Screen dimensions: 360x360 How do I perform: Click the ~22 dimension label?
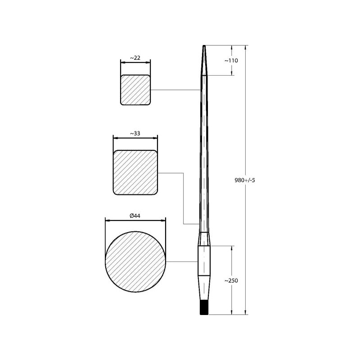click(135, 58)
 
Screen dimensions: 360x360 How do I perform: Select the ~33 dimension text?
click(135, 133)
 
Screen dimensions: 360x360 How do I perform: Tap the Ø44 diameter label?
click(135, 216)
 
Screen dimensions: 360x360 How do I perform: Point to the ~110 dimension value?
click(231, 61)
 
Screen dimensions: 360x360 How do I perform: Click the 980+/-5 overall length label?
click(245, 180)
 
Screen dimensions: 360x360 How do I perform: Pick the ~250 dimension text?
click(231, 280)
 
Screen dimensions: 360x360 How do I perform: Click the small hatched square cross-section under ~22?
click(135, 90)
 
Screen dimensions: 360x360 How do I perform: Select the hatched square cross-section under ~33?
click(135, 172)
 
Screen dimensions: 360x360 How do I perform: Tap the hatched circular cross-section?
click(135, 262)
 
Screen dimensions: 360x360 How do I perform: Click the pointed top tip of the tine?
click(204, 46)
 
